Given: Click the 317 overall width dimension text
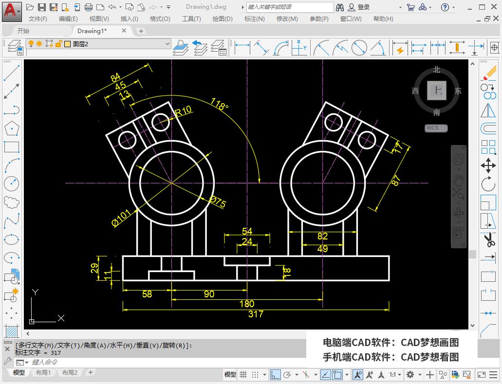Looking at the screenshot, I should click(256, 314).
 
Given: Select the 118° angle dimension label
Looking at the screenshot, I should click(219, 104).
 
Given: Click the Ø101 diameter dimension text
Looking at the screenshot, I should click(121, 218).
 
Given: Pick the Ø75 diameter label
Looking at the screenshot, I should click(217, 201).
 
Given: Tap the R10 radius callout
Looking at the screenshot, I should click(183, 111).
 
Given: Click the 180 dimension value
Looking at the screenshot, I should click(247, 304).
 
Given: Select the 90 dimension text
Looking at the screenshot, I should click(209, 294).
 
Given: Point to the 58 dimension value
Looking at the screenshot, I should click(147, 294).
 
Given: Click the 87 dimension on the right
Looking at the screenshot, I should click(396, 180).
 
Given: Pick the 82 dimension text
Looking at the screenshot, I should click(322, 236).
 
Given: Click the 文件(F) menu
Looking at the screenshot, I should click(38, 18).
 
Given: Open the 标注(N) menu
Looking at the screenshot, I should click(254, 18).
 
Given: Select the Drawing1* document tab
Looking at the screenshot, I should click(92, 31).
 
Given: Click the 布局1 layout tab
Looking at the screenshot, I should click(43, 373).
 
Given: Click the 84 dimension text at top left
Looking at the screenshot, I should click(115, 78).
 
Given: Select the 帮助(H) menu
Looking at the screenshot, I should click(383, 18).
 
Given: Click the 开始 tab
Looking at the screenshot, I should click(23, 31).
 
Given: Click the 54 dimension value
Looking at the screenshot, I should click(247, 231).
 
